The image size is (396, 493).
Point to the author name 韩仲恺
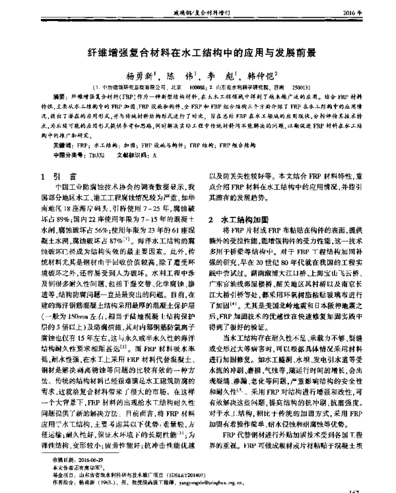tap(261, 76)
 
